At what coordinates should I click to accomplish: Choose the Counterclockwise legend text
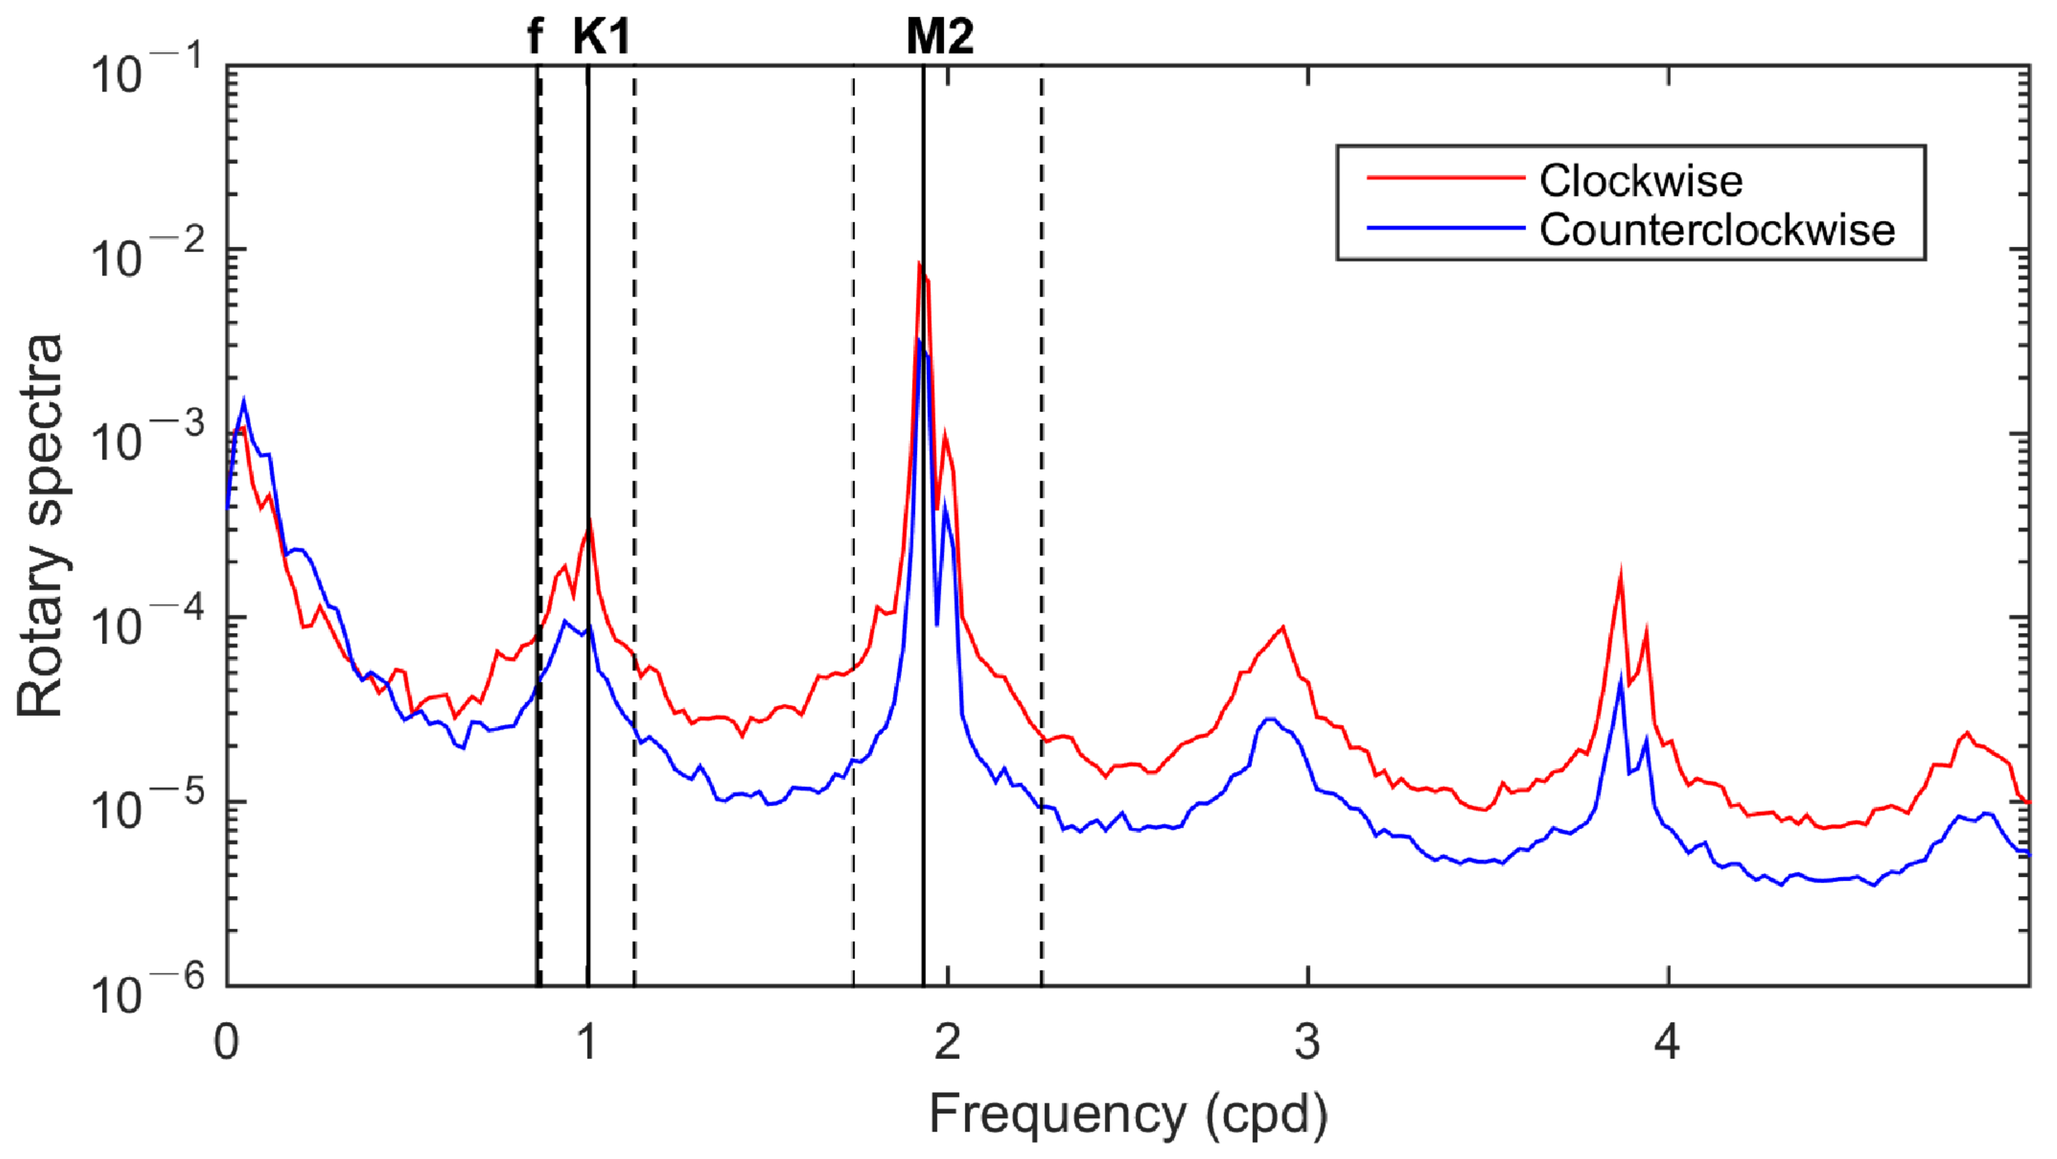point(1717,230)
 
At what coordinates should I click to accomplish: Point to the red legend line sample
point(1445,177)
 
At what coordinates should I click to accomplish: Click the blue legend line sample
point(1445,228)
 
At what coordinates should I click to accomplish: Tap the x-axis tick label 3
point(1307,1042)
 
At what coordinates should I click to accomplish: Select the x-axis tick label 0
point(227,1042)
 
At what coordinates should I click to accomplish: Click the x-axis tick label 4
point(1667,1042)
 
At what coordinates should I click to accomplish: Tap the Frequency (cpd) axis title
point(1127,1114)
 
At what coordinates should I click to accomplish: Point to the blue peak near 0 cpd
point(243,401)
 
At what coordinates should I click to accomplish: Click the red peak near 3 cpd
point(1282,627)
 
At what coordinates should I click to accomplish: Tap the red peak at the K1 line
point(589,523)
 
